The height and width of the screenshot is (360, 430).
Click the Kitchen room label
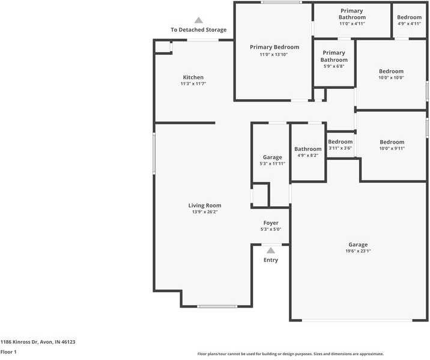click(x=193, y=78)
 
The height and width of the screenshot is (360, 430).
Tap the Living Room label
click(x=205, y=206)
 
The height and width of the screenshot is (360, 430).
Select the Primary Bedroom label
click(x=274, y=47)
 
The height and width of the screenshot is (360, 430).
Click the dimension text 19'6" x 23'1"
click(x=358, y=252)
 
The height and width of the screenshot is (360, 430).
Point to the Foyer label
click(x=270, y=223)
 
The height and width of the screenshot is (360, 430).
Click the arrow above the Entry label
click(x=270, y=250)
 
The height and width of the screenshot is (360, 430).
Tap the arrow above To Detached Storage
click(x=198, y=20)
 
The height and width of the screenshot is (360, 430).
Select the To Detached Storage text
click(x=198, y=30)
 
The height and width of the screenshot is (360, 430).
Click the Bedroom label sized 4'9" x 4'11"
click(x=409, y=17)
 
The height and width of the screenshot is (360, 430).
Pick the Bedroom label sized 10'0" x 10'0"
click(x=391, y=71)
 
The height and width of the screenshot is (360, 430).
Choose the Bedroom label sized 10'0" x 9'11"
click(x=391, y=142)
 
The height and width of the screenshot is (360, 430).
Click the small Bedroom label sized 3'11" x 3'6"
click(x=340, y=142)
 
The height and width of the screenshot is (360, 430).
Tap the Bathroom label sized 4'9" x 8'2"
click(x=307, y=149)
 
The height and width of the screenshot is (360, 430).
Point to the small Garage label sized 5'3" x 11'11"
click(x=272, y=157)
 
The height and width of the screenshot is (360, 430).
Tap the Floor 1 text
click(x=8, y=352)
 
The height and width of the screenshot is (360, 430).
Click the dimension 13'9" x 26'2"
click(x=205, y=212)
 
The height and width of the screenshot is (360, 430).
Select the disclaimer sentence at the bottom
click(x=291, y=354)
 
